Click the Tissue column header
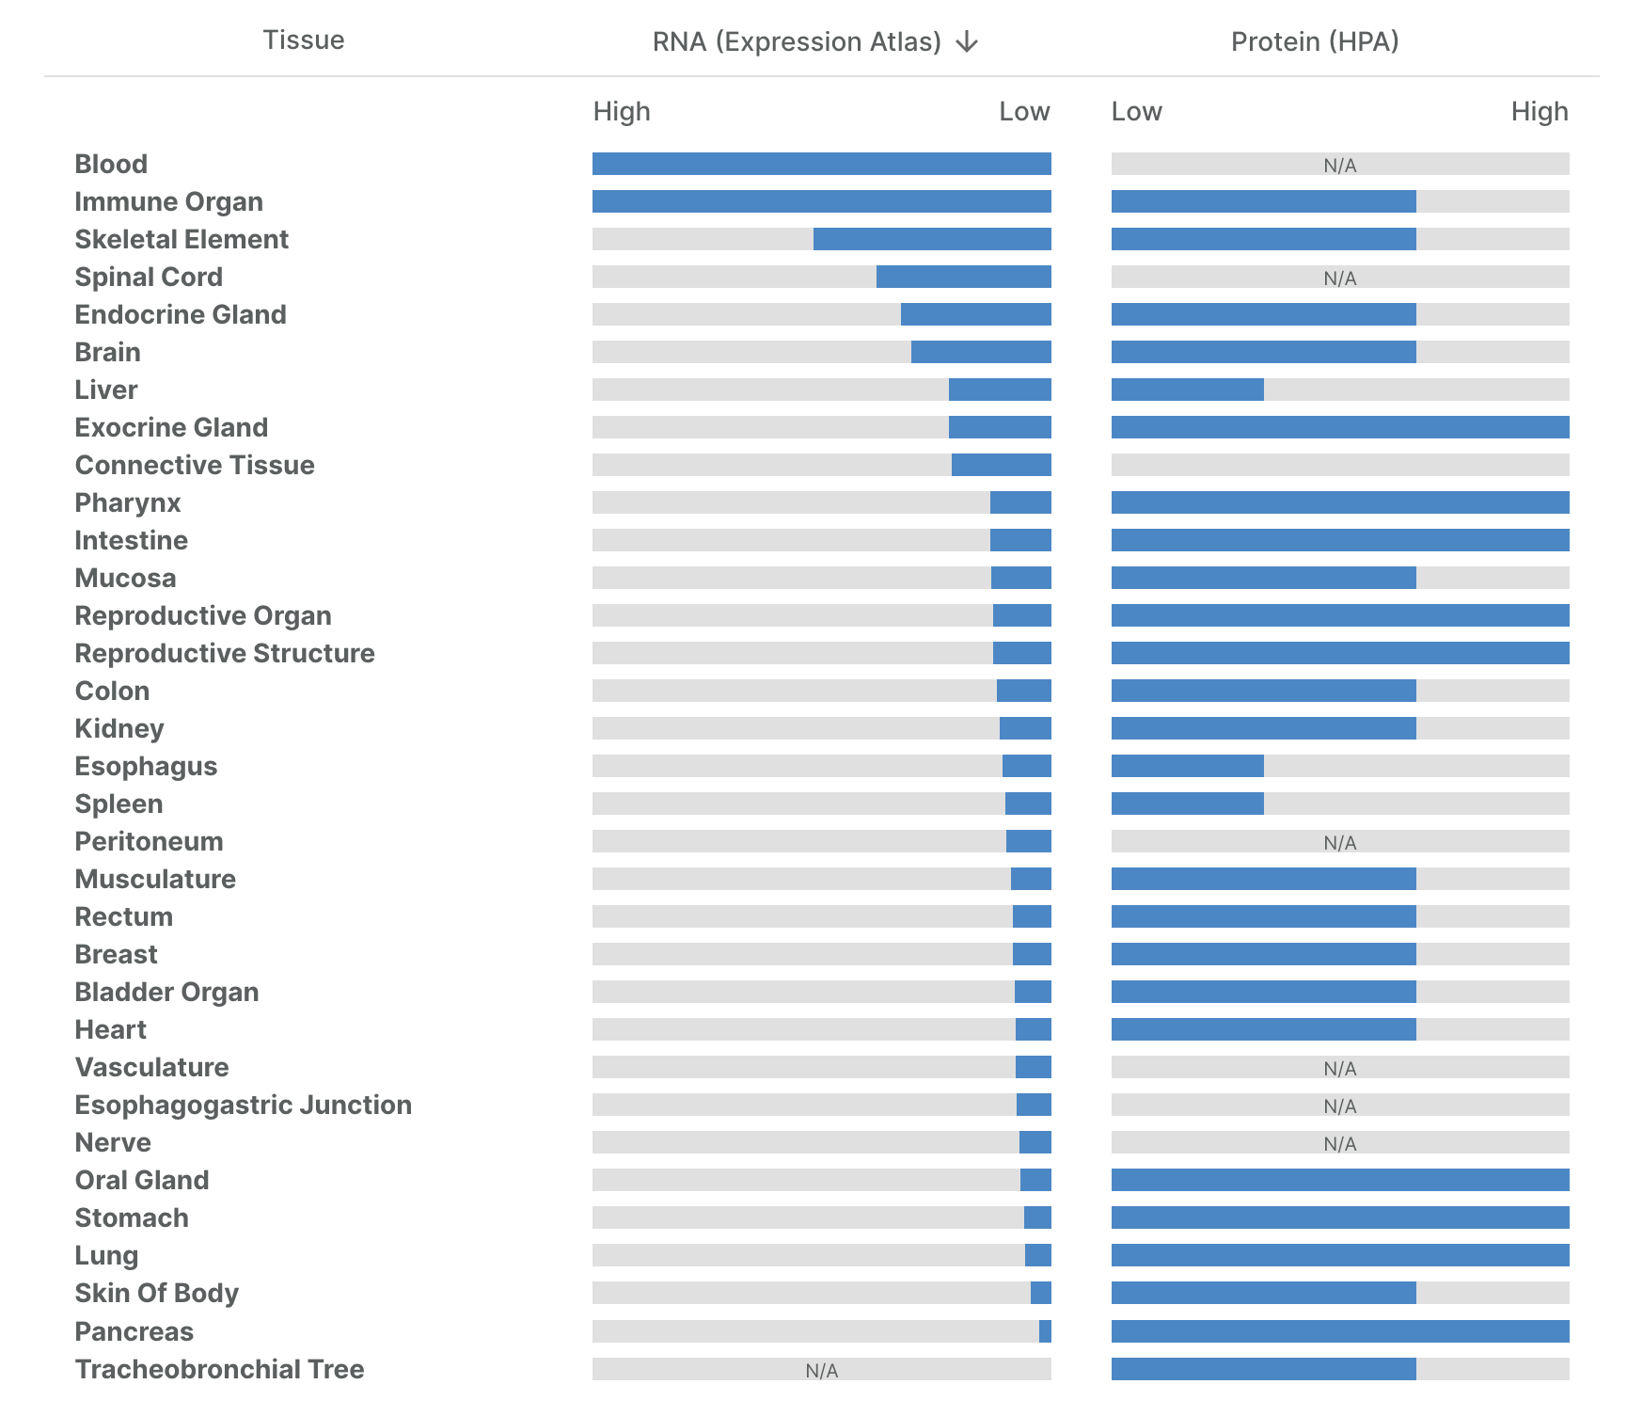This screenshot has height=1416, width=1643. point(303,40)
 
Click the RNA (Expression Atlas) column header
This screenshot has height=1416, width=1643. point(797,42)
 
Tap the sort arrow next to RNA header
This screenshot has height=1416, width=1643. point(967,42)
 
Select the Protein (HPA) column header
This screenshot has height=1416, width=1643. point(1315,41)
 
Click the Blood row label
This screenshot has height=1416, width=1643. point(111,164)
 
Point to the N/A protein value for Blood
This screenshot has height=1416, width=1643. point(1339,166)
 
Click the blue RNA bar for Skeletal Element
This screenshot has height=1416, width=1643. point(931,239)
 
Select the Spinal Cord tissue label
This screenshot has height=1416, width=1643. point(149,277)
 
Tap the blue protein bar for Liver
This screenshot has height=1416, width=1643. point(1187,390)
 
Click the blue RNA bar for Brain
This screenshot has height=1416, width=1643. point(980,352)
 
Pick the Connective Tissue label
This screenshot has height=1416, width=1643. point(195,465)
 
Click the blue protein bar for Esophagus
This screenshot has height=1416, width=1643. point(1187,766)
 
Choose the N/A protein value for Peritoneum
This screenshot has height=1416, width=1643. point(1339,843)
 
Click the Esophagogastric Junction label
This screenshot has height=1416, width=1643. point(243,1105)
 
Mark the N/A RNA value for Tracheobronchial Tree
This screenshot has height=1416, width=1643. point(821,1371)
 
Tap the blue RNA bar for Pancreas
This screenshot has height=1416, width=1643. point(1045,1331)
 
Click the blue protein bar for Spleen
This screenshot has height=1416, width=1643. point(1187,803)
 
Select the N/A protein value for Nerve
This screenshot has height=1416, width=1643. point(1339,1144)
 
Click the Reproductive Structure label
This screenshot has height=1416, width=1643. point(225,653)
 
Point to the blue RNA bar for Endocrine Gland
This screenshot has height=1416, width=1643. point(975,314)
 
